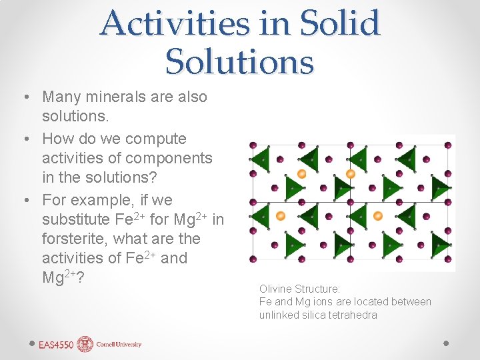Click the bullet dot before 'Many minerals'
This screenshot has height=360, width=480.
pyautogui.click(x=24, y=97)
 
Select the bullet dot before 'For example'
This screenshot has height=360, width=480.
pyautogui.click(x=24, y=201)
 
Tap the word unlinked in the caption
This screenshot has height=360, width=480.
pyautogui.click(x=279, y=315)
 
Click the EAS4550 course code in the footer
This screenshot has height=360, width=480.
pyautogui.click(x=55, y=345)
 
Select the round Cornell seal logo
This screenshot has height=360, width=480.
pyautogui.click(x=85, y=344)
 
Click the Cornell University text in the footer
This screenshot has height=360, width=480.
pyautogui.click(x=119, y=345)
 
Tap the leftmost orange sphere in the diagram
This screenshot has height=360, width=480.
pyautogui.click(x=280, y=215)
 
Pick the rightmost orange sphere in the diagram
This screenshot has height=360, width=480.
pyautogui.click(x=378, y=215)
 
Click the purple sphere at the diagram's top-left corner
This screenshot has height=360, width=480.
pyautogui.click(x=253, y=145)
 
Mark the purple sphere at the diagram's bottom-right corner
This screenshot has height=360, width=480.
pyautogui.click(x=448, y=259)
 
